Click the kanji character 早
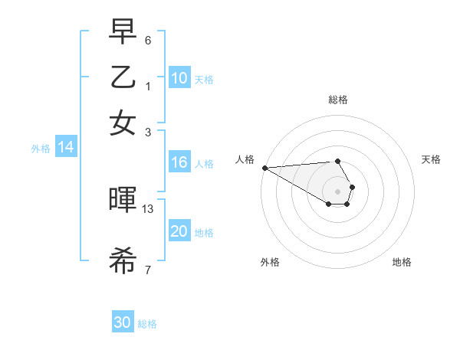point(123,32)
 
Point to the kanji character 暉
point(123,200)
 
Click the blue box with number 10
point(179,78)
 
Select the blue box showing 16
point(179,162)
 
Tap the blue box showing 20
point(179,231)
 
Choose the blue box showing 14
point(66,148)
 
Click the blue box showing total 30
point(123,322)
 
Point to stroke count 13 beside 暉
point(148,208)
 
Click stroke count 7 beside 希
point(148,270)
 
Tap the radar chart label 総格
point(337,100)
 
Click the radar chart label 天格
point(432,159)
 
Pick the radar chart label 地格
point(402,262)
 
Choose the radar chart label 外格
point(270,262)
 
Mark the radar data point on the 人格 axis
point(264,168)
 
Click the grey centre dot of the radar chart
point(337,191)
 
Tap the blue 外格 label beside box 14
point(41,149)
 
